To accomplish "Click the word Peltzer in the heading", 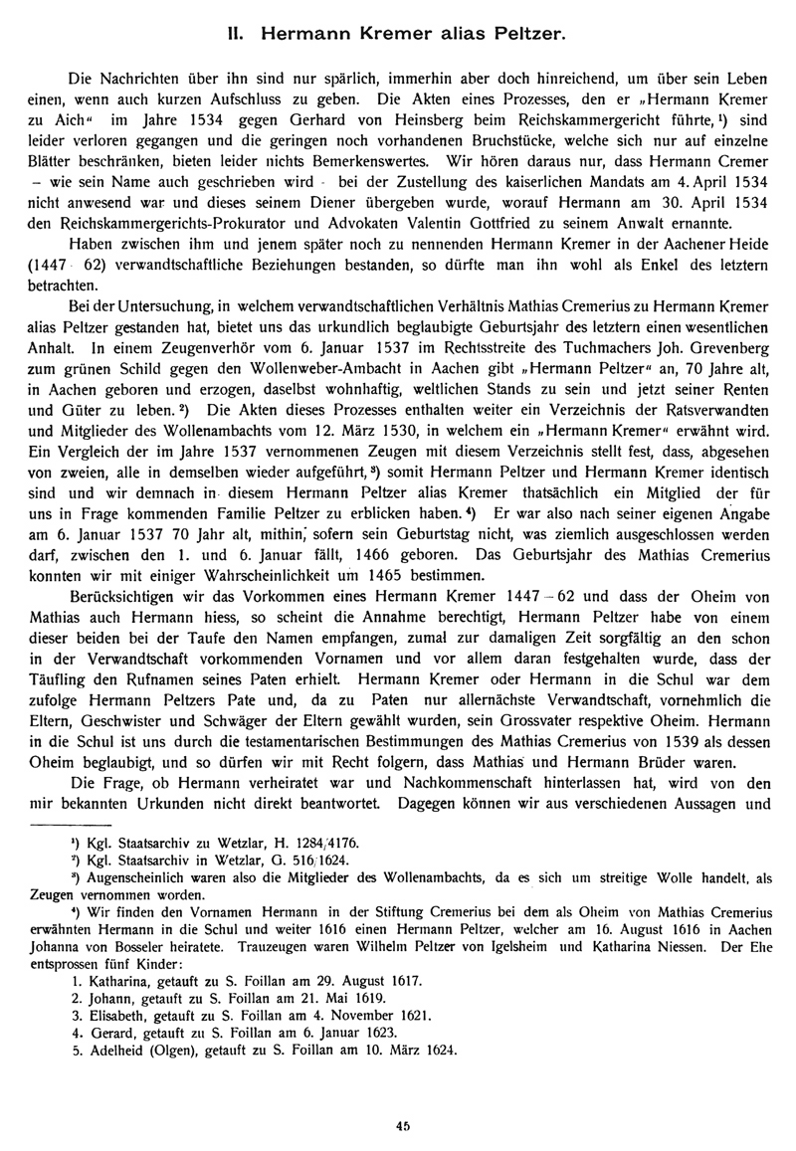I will click(x=529, y=35).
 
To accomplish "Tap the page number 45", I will click(x=402, y=1125).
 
